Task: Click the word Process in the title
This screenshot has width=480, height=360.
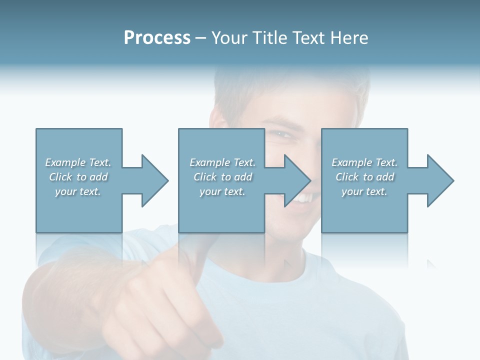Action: [x=157, y=38]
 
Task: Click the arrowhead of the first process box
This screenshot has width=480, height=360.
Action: [x=154, y=180]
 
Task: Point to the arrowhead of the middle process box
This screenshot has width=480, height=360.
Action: [x=297, y=180]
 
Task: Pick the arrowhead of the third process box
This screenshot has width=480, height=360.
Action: [x=440, y=180]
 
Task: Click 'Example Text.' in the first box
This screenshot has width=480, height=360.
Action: [x=78, y=162]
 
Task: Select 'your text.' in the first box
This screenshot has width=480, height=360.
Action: [x=78, y=191]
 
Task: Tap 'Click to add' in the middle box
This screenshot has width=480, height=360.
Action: [x=222, y=177]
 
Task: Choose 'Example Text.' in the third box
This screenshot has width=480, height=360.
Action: [x=364, y=162]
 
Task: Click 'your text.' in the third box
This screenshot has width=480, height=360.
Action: [x=364, y=191]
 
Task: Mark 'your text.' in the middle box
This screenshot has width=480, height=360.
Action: [x=222, y=191]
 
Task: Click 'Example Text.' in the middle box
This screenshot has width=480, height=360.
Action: [x=222, y=162]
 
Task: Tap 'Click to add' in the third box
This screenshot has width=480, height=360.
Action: [x=364, y=177]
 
